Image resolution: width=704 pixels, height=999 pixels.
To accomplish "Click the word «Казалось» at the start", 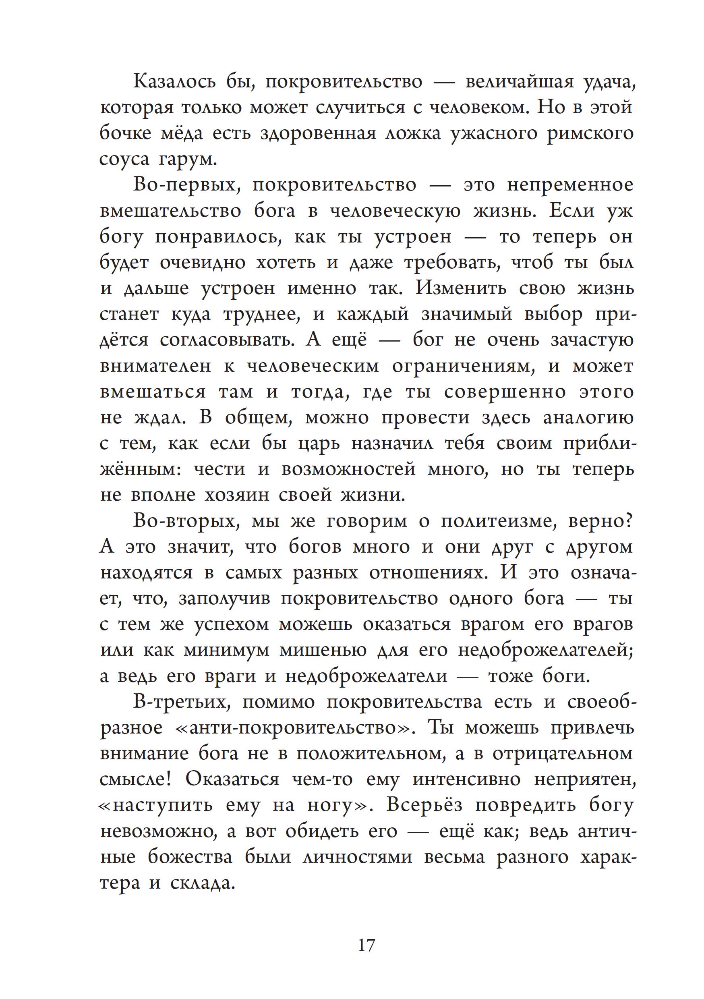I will click(x=174, y=82).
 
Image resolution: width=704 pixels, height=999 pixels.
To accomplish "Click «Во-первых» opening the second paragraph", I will click(x=186, y=185).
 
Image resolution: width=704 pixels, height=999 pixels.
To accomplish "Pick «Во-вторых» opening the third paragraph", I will click(x=186, y=521).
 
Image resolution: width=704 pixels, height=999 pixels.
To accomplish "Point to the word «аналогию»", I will click(x=588, y=418).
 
